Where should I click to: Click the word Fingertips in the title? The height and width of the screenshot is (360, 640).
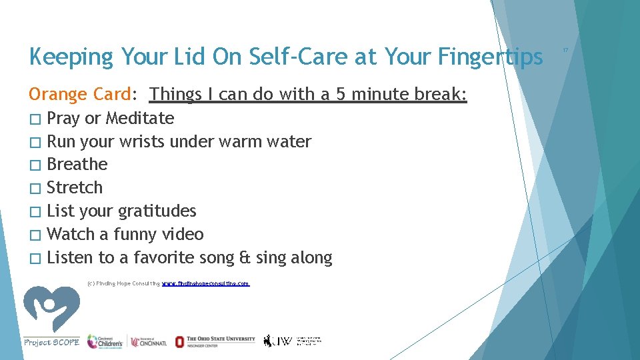pos(491,57)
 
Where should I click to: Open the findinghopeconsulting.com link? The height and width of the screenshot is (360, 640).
pos(206,283)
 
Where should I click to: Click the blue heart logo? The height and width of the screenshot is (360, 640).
pos(51,308)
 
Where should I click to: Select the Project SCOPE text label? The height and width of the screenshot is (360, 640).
pos(51,342)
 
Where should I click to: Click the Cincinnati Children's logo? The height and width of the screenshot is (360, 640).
pos(105,341)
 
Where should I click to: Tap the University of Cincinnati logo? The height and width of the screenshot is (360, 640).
pos(149,341)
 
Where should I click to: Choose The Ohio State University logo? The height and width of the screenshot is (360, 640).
pos(215,341)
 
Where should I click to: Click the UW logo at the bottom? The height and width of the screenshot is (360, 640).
pos(292,341)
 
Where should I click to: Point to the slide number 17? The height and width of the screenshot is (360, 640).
pos(565,50)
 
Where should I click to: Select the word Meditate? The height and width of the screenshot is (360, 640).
pos(140,119)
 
